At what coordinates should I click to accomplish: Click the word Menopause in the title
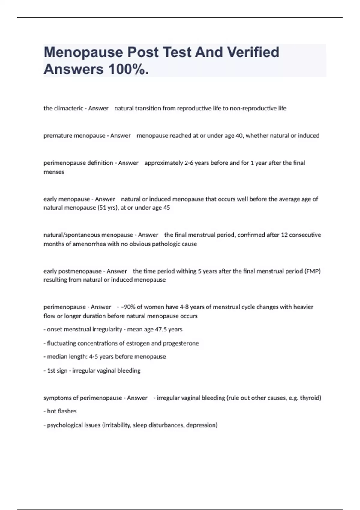point(83,52)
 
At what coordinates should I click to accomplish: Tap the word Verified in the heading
point(253,52)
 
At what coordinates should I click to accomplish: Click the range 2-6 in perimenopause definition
point(189,163)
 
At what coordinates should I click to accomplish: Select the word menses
point(54,172)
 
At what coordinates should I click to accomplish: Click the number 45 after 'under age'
point(166,208)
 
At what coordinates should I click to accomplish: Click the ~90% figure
point(128,307)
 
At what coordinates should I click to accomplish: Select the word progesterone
point(181,343)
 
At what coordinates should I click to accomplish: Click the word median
point(57,357)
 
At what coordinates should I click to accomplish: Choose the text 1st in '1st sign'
point(51,370)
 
